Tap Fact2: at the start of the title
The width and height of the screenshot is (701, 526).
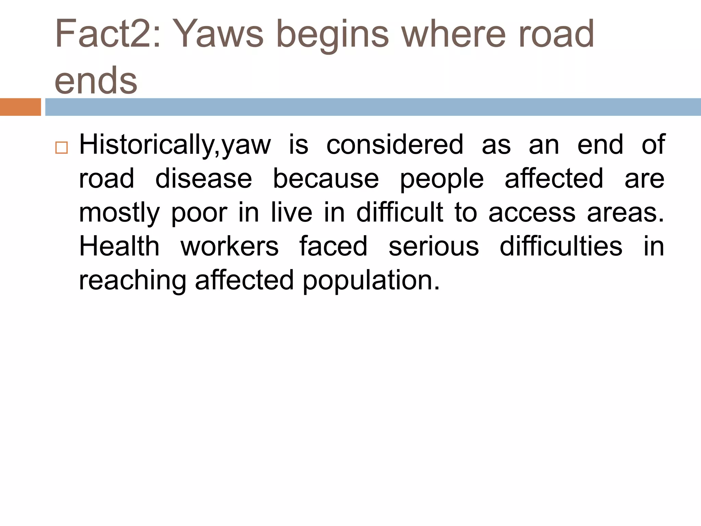tap(108, 34)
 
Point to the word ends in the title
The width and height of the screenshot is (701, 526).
tap(96, 80)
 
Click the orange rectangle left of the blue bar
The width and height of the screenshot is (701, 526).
tap(20, 107)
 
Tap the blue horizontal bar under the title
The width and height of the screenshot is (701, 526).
tap(373, 107)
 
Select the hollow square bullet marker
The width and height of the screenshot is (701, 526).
tap(61, 148)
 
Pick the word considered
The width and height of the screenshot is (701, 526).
tap(395, 145)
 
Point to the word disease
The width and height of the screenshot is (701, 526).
tap(204, 178)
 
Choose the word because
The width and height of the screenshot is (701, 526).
tap(326, 178)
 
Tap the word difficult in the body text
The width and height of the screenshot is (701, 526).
tap(400, 212)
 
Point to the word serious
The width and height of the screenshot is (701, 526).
tap(434, 247)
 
